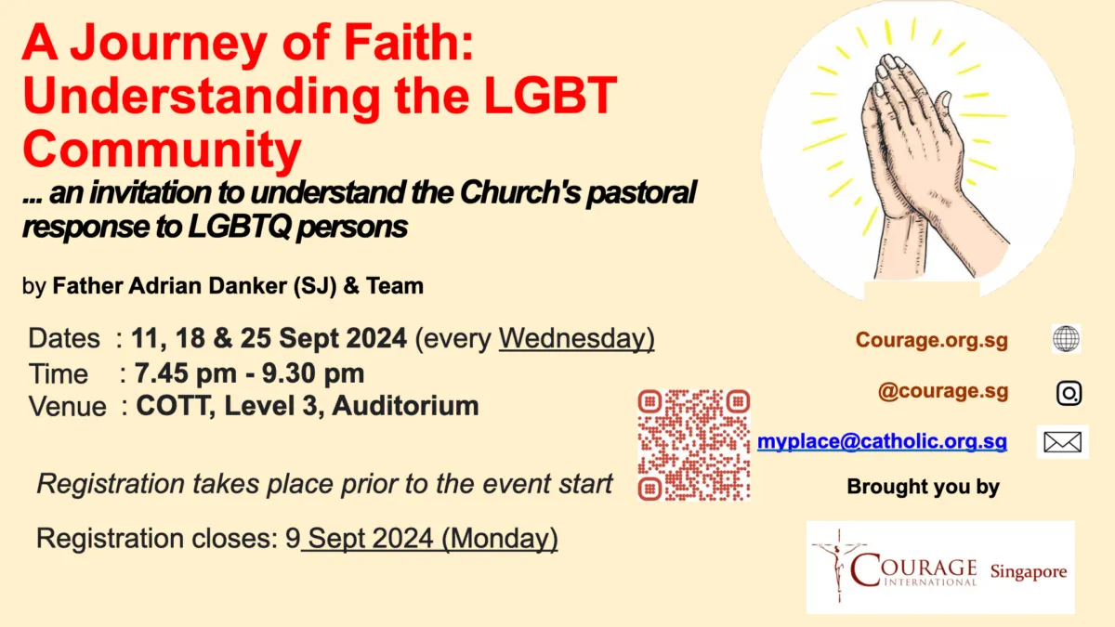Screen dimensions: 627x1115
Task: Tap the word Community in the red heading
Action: [163, 148]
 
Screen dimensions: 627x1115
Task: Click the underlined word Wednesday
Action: [576, 339]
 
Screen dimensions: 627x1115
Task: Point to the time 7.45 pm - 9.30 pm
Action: [249, 373]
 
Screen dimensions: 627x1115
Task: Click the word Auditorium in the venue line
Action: [401, 406]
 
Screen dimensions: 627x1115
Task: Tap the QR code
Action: [694, 444]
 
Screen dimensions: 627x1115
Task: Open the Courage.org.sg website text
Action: [932, 341]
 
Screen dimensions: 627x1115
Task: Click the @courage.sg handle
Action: [943, 391]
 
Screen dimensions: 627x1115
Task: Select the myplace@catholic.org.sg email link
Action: [882, 442]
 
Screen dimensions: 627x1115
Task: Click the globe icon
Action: [1066, 339]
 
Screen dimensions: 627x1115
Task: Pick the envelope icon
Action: [1062, 442]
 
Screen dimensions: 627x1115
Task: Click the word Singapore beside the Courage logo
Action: [1028, 572]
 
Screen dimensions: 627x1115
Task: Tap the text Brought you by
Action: [923, 487]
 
